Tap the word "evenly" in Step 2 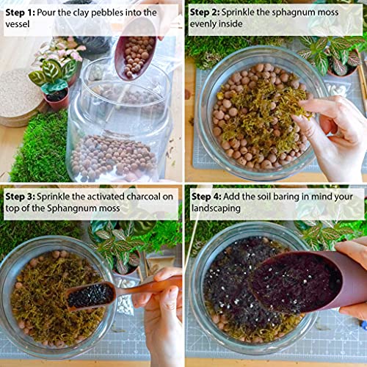pyautogui.click(x=211, y=26)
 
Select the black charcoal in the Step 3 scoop pyautogui.click(x=90, y=294)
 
